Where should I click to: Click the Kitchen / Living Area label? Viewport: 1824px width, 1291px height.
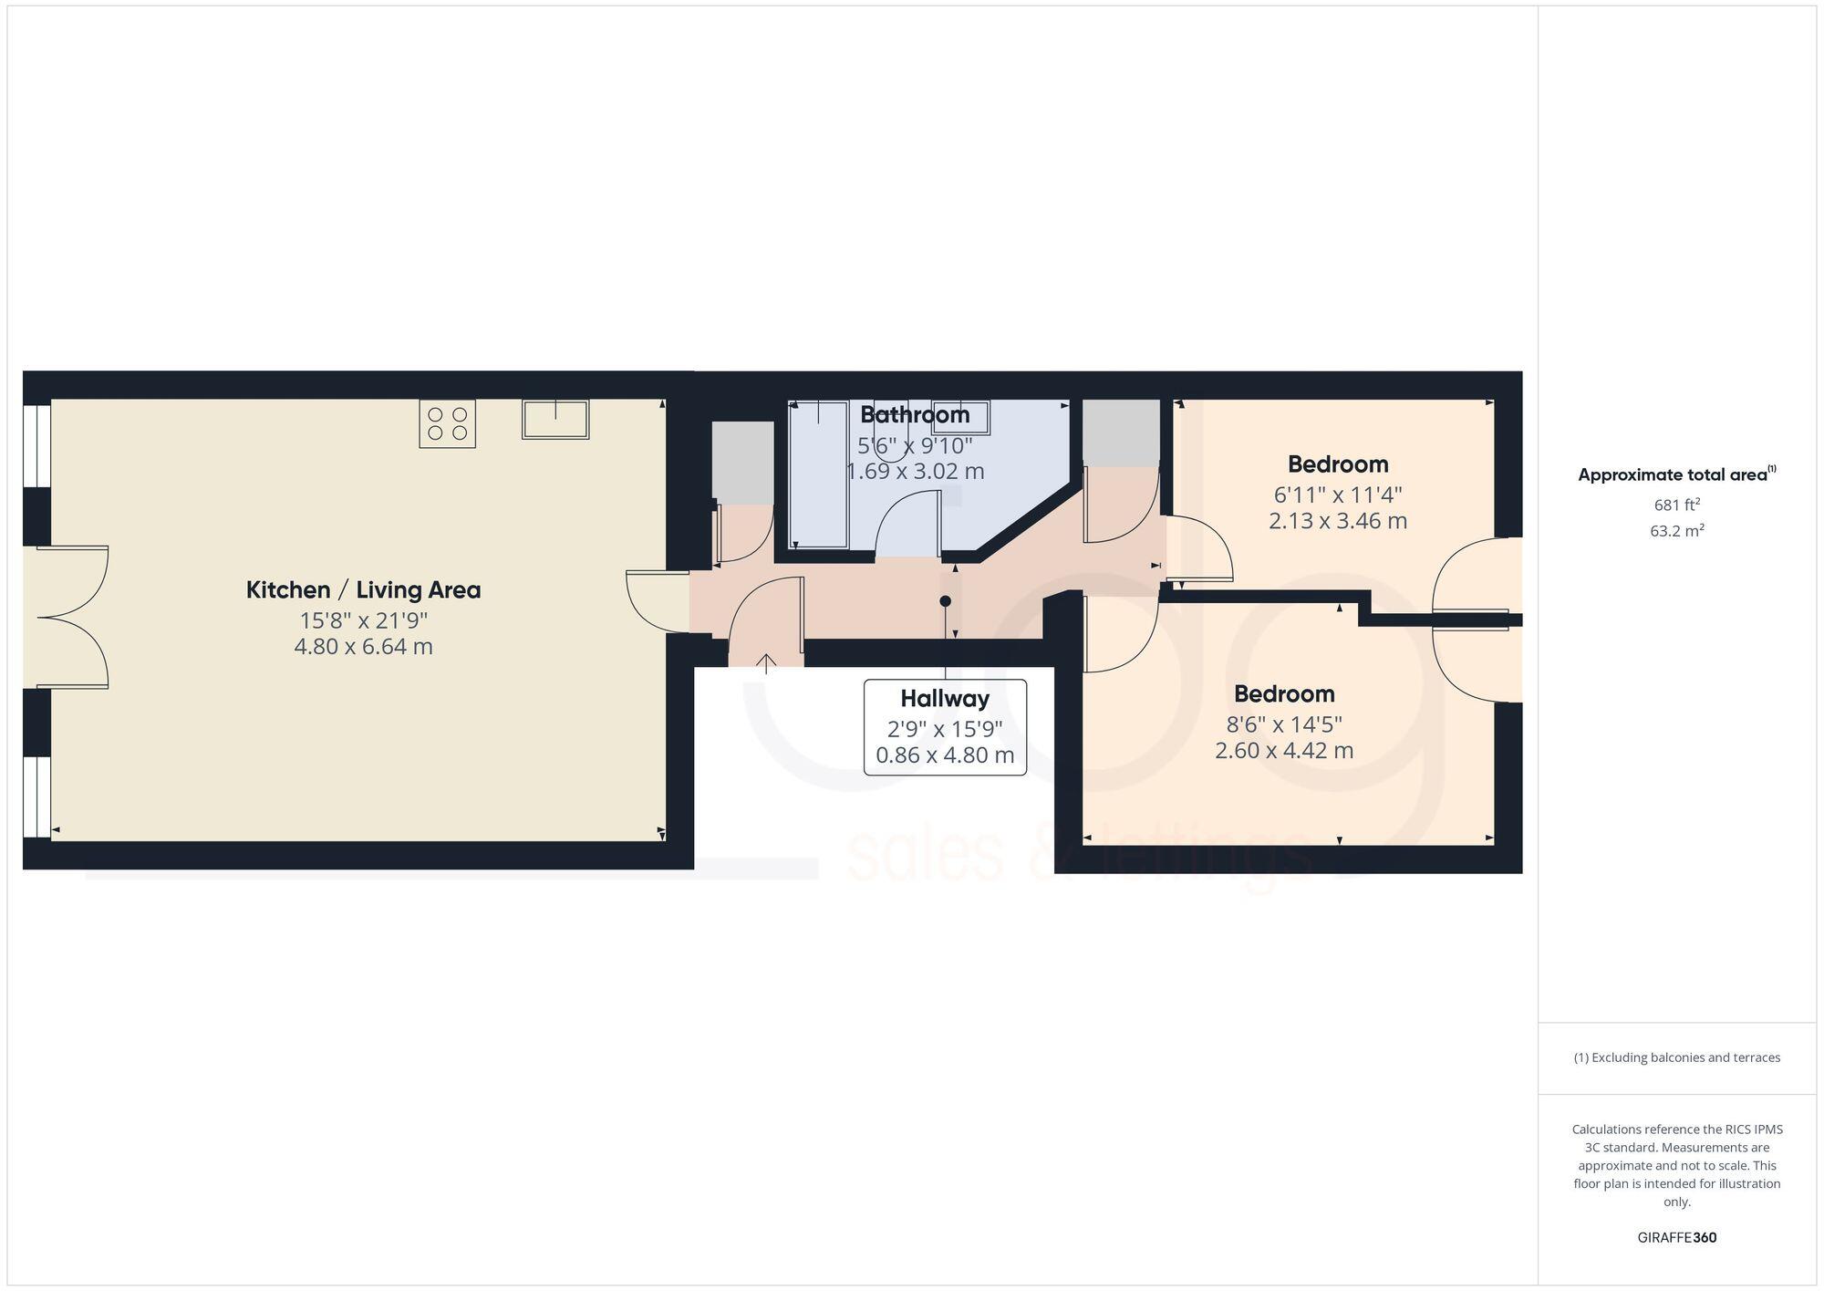363,590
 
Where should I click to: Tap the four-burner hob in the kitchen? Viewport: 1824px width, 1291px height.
447,423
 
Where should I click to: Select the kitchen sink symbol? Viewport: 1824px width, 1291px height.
554,419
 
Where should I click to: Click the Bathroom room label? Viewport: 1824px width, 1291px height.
915,415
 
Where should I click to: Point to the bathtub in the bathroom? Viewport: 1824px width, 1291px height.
818,474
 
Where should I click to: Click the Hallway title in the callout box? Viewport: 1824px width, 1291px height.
945,699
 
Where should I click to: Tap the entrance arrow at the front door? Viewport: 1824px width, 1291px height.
765,663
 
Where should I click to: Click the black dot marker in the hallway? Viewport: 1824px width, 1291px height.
946,601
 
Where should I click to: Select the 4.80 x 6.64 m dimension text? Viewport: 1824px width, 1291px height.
363,647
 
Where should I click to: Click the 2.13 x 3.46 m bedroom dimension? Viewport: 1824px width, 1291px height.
1337,521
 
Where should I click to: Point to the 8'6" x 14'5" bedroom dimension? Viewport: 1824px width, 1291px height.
1284,724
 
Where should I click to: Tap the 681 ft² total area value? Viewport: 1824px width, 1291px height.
1676,505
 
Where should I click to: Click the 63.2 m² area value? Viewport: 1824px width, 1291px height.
1676,531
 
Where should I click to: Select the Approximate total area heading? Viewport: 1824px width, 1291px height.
1676,474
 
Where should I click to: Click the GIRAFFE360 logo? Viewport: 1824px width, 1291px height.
1676,1238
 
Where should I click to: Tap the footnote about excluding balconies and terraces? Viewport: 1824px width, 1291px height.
1676,1057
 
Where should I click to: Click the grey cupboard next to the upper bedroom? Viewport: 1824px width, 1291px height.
1121,432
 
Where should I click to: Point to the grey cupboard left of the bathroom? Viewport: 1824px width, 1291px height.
742,463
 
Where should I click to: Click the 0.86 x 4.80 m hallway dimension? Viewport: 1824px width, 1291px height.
945,755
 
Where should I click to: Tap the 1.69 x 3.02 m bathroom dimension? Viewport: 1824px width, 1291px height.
915,472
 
